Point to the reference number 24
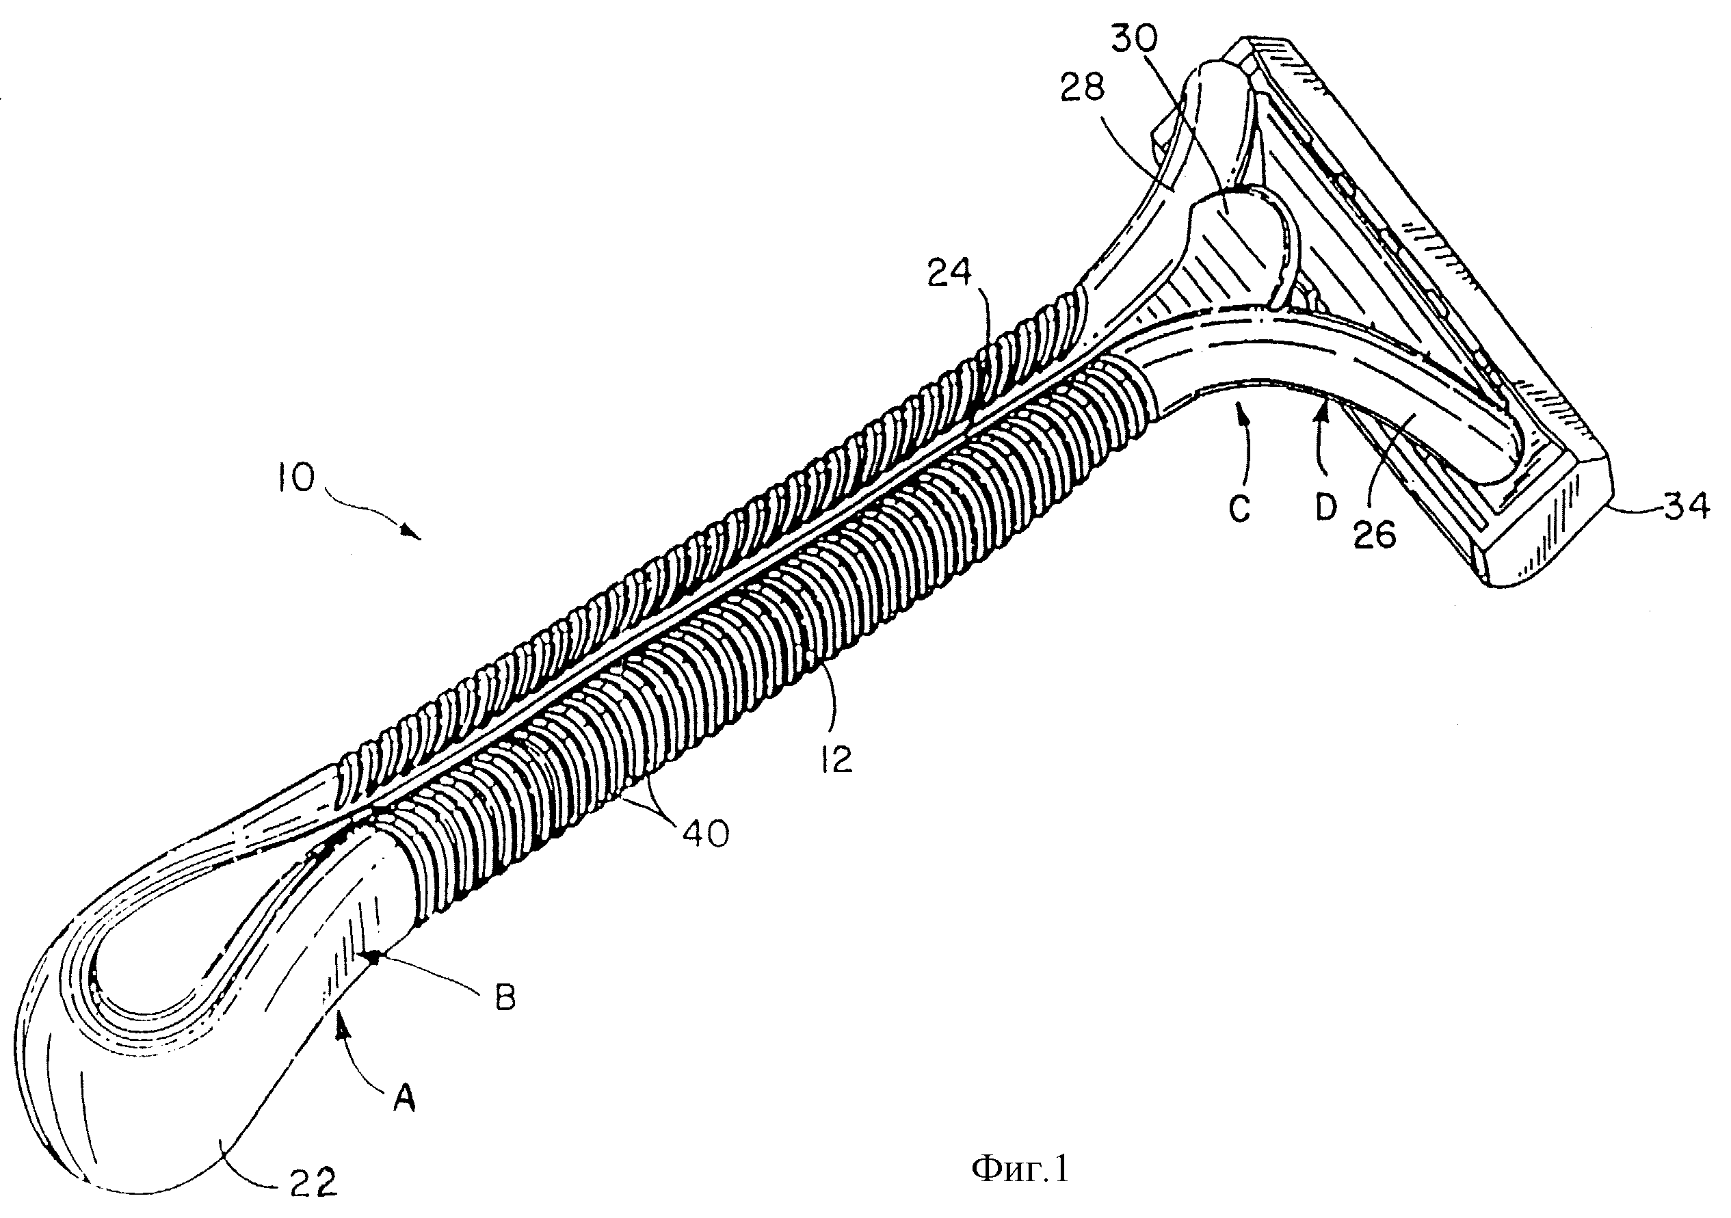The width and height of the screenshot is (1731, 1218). tap(950, 274)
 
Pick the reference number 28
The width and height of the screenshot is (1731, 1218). tap(1082, 88)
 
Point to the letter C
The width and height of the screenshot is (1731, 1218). tap(1239, 509)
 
